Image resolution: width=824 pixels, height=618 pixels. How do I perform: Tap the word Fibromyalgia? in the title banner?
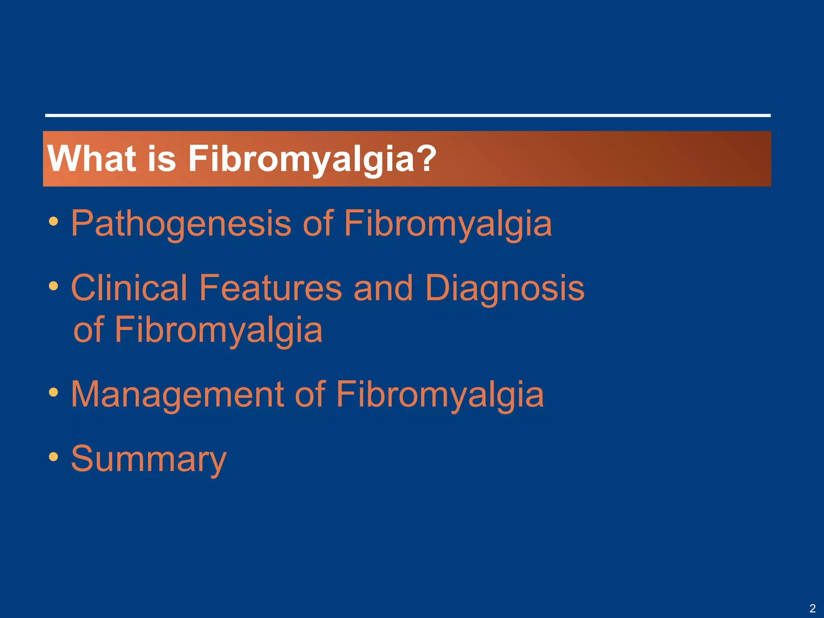pyautogui.click(x=312, y=159)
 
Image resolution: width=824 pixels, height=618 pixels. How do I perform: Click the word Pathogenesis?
pyautogui.click(x=181, y=224)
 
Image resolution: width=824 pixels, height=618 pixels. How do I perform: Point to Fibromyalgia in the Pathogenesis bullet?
pyautogui.click(x=447, y=224)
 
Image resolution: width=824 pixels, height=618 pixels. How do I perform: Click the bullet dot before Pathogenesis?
pyautogui.click(x=54, y=221)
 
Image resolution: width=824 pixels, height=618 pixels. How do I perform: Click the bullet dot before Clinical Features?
pyautogui.click(x=54, y=286)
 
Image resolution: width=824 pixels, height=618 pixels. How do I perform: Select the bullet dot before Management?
pyautogui.click(x=54, y=392)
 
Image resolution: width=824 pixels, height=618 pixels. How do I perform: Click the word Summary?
pyautogui.click(x=148, y=459)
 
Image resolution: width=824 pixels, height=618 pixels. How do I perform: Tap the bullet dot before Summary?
pyautogui.click(x=54, y=457)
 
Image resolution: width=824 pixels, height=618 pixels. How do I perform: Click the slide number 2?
pyautogui.click(x=812, y=608)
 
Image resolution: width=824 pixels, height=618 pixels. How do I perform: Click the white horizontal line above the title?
pyautogui.click(x=407, y=115)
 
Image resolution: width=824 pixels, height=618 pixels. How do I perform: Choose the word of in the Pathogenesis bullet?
pyautogui.click(x=318, y=224)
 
